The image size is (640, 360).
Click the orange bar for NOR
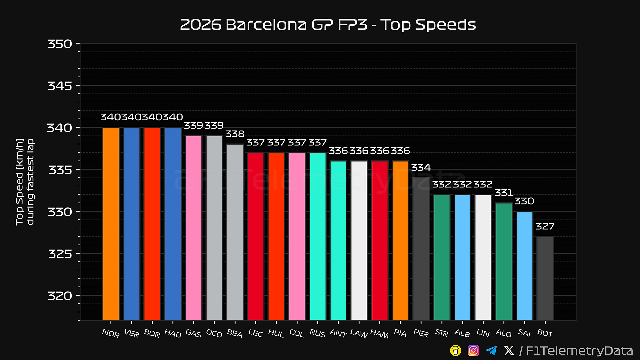coord(111,224)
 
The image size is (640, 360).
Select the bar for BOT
coord(545,278)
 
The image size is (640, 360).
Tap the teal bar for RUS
coord(318,236)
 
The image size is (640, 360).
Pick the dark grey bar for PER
coord(421,249)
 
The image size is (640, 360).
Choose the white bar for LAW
coord(359,241)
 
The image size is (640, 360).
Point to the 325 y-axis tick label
coord(60,254)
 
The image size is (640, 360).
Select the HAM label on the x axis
coord(379,333)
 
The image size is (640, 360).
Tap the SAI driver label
coord(524,333)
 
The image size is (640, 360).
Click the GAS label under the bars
coord(193,333)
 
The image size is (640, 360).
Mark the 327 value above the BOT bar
coord(545,226)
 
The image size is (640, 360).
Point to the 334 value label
coord(421,167)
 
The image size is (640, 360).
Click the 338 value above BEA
coord(235,134)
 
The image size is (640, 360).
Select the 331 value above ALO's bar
coord(504,193)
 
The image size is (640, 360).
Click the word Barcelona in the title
coord(266,25)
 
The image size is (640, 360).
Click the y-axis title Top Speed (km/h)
coord(20,182)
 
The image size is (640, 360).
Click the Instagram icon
coord(473,350)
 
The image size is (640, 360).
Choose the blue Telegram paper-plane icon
coord(491,350)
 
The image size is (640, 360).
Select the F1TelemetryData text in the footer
coord(579,351)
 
